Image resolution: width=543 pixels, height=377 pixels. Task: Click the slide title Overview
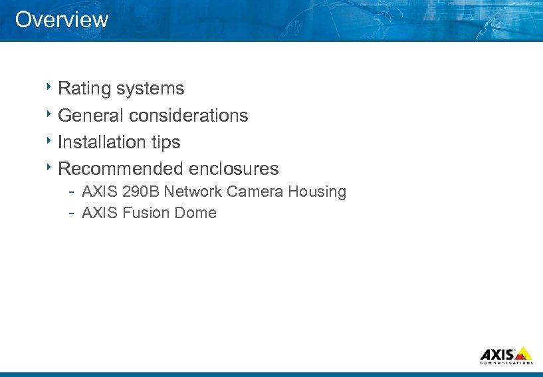click(x=62, y=19)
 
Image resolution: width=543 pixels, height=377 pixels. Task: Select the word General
click(x=91, y=116)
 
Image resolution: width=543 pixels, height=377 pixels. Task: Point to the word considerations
click(x=189, y=116)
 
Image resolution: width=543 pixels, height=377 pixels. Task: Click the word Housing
click(x=317, y=193)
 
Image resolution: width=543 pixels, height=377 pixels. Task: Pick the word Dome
click(x=196, y=213)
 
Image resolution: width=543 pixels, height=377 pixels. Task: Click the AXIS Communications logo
click(x=506, y=355)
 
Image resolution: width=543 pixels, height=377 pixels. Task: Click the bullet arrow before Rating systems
click(x=49, y=87)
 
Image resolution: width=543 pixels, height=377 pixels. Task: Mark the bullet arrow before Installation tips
click(x=49, y=140)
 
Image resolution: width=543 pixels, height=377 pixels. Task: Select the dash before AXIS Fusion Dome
click(x=70, y=213)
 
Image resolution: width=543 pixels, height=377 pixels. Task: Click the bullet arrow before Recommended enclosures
click(x=49, y=167)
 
